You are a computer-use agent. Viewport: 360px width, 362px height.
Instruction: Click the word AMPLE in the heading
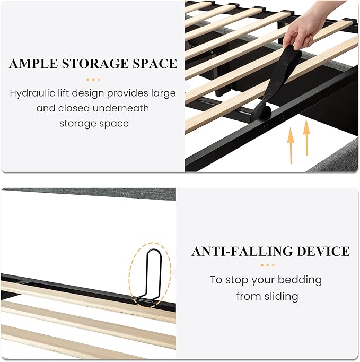[x=33, y=64]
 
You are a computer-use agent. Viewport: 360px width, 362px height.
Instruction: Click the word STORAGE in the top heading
[x=95, y=64]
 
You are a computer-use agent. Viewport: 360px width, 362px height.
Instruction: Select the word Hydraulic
[x=32, y=93]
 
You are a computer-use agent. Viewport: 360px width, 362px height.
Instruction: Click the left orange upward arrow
[x=291, y=146]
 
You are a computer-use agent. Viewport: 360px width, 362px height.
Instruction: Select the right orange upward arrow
[x=306, y=137]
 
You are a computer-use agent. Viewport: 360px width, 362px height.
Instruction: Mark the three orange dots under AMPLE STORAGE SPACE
[x=93, y=80]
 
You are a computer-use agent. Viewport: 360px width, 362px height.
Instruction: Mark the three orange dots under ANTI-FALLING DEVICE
[x=268, y=265]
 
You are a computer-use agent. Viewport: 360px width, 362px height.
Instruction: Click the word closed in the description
[x=74, y=108]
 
